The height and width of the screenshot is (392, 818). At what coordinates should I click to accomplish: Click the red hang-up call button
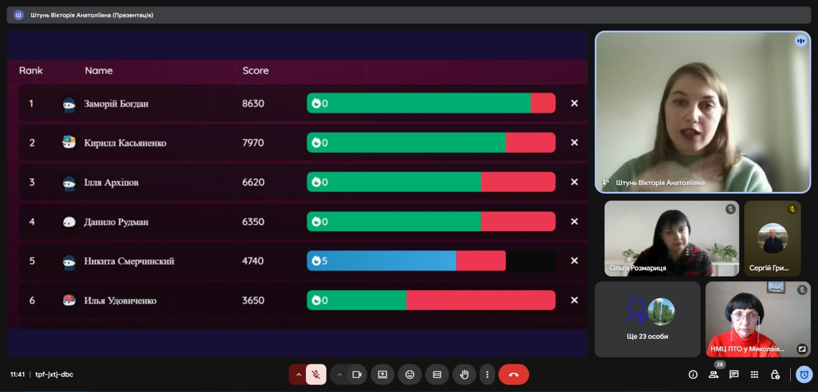pyautogui.click(x=513, y=375)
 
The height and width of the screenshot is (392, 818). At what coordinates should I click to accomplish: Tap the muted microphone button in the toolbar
pyautogui.click(x=316, y=375)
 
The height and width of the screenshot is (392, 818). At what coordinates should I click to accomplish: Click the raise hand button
pyautogui.click(x=464, y=375)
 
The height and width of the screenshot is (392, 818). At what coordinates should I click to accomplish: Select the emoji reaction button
pyautogui.click(x=410, y=375)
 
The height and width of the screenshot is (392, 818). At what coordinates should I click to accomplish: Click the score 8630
pyautogui.click(x=253, y=104)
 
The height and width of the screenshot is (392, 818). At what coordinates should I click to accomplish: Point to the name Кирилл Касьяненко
pyautogui.click(x=125, y=143)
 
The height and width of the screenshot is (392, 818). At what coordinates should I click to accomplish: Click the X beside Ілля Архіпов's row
pyautogui.click(x=574, y=182)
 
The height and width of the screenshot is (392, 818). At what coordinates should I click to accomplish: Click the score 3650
pyautogui.click(x=253, y=300)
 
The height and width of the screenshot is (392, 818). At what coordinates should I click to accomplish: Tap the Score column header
pyautogui.click(x=255, y=70)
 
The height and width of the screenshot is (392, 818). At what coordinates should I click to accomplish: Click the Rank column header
pyautogui.click(x=31, y=70)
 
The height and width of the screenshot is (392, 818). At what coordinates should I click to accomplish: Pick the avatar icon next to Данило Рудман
pyautogui.click(x=69, y=222)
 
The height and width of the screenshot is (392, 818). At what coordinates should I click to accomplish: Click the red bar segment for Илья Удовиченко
pyautogui.click(x=480, y=300)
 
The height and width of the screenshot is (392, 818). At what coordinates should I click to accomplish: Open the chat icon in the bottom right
pyautogui.click(x=734, y=375)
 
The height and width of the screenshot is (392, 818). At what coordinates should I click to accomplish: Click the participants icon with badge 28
pyautogui.click(x=713, y=375)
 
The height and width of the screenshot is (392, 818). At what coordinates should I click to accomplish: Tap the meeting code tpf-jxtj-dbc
pyautogui.click(x=54, y=375)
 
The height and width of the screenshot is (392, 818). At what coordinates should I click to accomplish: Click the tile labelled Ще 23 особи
pyautogui.click(x=647, y=319)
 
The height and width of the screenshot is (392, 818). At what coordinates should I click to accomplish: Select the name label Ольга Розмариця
pyautogui.click(x=638, y=268)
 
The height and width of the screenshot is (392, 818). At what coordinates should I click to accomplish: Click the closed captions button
pyautogui.click(x=437, y=375)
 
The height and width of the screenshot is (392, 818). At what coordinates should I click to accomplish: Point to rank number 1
pyautogui.click(x=31, y=104)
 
